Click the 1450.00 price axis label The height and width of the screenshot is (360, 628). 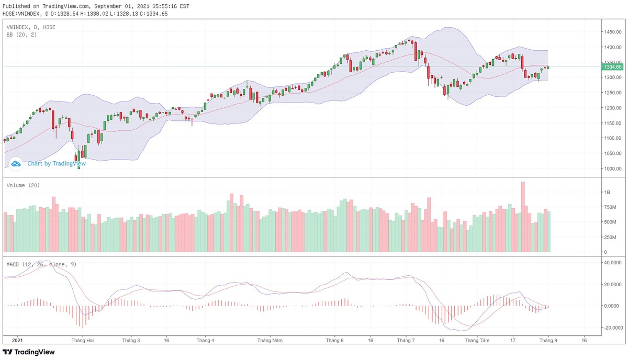click(612, 32)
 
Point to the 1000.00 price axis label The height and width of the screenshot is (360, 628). click(612, 168)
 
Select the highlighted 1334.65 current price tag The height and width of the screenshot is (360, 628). click(612, 67)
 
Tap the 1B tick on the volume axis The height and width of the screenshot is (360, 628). click(607, 193)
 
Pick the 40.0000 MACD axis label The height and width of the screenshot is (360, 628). click(612, 263)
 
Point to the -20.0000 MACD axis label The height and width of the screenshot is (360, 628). click(612, 328)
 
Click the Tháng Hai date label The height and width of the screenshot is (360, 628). click(83, 340)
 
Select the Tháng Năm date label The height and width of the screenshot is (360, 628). click(270, 340)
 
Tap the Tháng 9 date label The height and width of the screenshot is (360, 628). click(548, 340)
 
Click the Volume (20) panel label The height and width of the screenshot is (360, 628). click(23, 185)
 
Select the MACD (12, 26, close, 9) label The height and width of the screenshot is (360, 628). click(41, 264)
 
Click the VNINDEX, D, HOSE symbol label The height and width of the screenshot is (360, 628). click(31, 27)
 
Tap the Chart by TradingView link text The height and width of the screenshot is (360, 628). click(57, 163)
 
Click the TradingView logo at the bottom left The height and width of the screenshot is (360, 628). click(29, 352)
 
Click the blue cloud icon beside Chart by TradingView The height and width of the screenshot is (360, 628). click(16, 164)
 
